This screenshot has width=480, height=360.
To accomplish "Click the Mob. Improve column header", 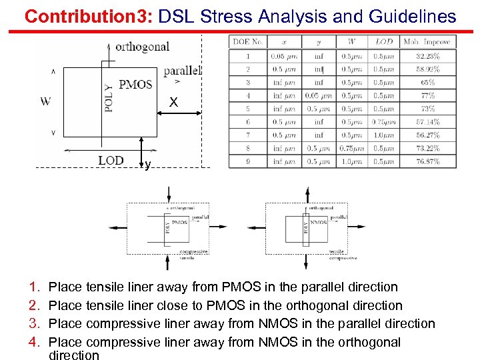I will [427, 42].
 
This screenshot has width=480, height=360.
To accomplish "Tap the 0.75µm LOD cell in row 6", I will [383, 123].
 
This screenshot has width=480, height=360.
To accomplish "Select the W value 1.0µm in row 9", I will [350, 162].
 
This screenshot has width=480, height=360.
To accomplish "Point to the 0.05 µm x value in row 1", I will [285, 56].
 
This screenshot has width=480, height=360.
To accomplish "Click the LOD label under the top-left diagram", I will [111, 161].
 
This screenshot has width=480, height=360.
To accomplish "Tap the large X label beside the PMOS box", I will [173, 103].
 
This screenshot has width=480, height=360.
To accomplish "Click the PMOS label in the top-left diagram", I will [135, 85].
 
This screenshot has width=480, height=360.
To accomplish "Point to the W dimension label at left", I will [45, 102].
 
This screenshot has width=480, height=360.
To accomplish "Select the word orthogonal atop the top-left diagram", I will [142, 47].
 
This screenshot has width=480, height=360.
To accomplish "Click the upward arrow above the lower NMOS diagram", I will [307, 194].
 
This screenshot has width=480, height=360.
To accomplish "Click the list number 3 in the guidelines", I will [34, 324].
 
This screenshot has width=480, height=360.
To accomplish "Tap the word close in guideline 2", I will [171, 305].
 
